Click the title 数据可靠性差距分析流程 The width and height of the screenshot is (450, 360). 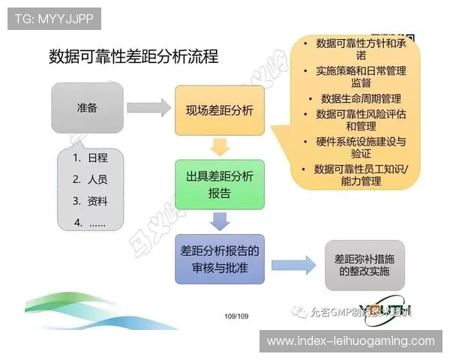tap(133, 57)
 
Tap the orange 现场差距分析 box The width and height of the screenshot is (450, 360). tap(220, 110)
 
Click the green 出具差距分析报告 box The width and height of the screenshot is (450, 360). tap(220, 184)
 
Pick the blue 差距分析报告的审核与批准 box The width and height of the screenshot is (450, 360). tap(220, 258)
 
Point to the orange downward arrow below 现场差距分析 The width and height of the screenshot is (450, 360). tap(219, 147)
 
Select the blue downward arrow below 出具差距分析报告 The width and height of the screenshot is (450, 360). tap(219, 221)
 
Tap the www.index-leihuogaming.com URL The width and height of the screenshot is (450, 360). tap(350, 341)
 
